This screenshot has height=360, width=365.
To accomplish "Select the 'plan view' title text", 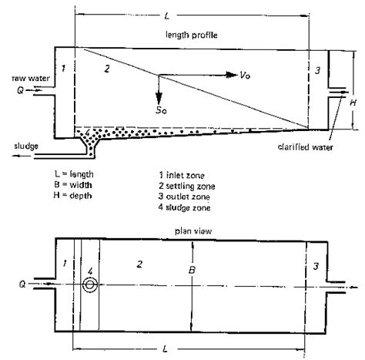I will [x=192, y=230].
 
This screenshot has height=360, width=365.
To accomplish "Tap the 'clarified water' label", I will [x=308, y=144].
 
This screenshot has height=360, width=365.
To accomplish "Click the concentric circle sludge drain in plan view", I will [x=91, y=284].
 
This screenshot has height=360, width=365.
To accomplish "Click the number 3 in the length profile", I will [x=316, y=70].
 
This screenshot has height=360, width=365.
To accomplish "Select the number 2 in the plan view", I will [x=139, y=265].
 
